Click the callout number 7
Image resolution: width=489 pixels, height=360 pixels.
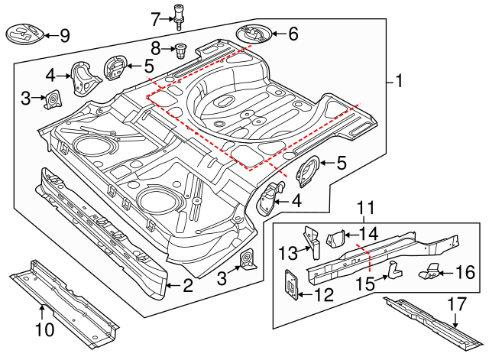(154, 18)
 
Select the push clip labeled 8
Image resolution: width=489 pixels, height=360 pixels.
(181, 50)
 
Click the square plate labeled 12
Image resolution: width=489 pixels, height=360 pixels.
(292, 281)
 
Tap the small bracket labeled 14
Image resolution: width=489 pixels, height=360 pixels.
(337, 240)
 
